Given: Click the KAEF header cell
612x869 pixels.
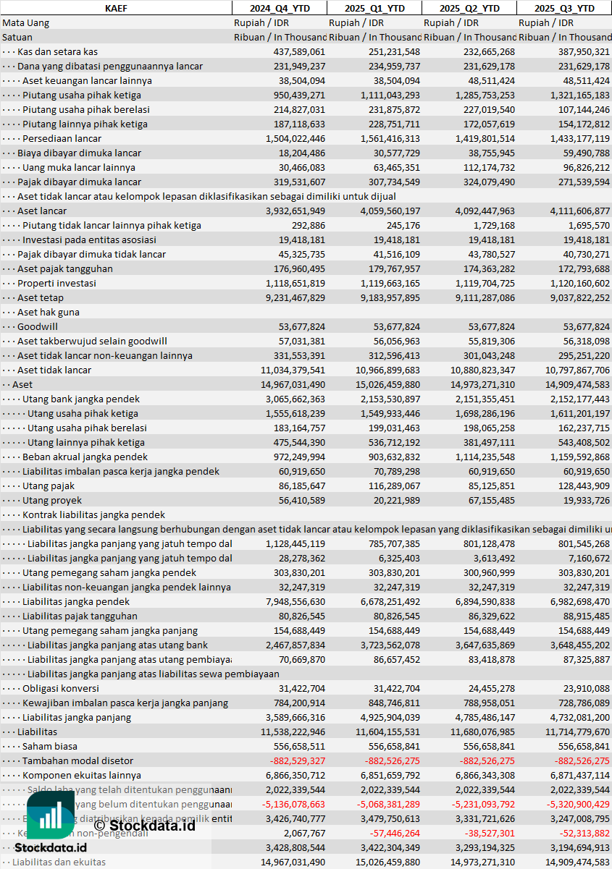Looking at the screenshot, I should click(116, 8).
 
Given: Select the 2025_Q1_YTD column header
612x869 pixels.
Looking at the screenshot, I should click(374, 8).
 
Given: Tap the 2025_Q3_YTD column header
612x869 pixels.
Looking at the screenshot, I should click(564, 8).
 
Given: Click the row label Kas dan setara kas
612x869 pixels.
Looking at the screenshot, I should click(58, 51).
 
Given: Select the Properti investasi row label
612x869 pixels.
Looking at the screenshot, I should click(56, 283).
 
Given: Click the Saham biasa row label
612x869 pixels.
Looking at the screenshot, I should click(50, 746).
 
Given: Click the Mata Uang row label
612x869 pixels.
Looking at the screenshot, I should click(26, 22).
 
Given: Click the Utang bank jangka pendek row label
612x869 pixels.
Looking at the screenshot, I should click(81, 399).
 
